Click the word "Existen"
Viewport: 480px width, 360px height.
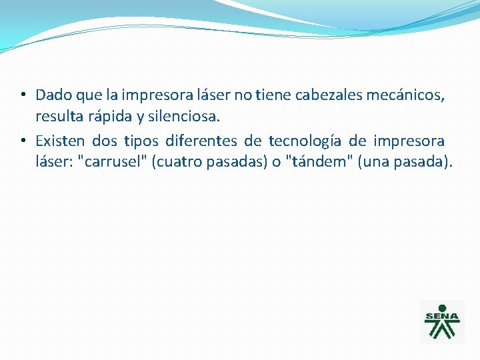(61, 141)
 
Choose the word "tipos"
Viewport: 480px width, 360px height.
(141, 141)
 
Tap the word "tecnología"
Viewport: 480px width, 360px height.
(305, 141)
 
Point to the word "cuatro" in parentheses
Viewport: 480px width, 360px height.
(177, 162)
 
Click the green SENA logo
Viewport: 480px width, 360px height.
(441, 321)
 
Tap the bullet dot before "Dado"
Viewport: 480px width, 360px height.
(23, 95)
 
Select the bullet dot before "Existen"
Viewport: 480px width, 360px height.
(23, 140)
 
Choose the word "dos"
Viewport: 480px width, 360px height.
(105, 141)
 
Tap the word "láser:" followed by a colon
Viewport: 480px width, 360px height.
(54, 162)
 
